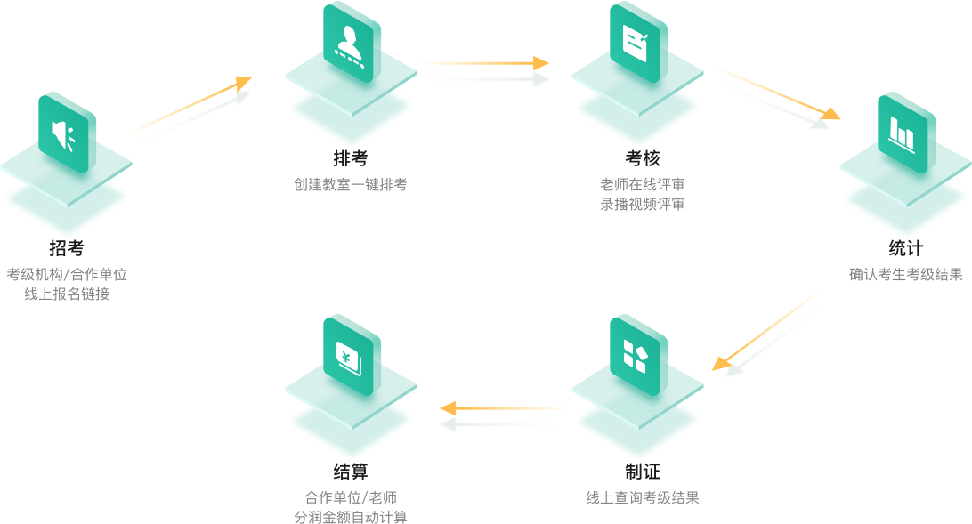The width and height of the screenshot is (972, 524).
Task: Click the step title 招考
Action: click(67, 249)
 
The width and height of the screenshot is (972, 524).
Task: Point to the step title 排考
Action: click(351, 158)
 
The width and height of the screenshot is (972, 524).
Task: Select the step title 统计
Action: click(906, 249)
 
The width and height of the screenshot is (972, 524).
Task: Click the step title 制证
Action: click(642, 472)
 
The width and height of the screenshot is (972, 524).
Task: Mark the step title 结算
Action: click(351, 472)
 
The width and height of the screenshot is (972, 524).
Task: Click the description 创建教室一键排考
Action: click(351, 185)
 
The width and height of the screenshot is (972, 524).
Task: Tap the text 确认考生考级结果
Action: click(906, 275)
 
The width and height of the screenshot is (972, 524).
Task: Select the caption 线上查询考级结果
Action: click(642, 497)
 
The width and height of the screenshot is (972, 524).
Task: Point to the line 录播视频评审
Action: click(642, 204)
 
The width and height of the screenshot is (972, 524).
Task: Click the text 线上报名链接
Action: click(67, 294)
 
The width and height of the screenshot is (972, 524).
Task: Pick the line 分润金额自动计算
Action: click(351, 516)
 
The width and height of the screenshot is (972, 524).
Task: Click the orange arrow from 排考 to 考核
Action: click(483, 63)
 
